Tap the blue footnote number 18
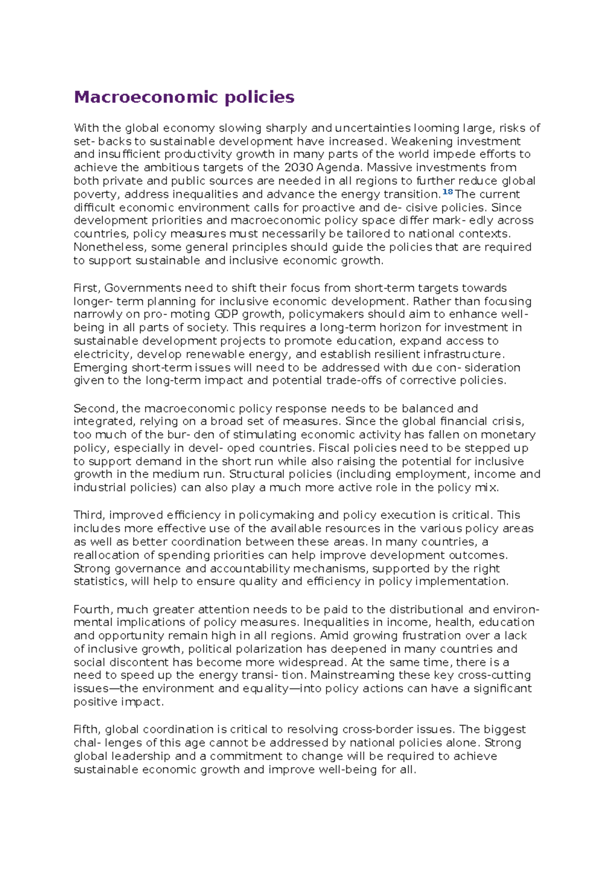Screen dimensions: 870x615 coord(447,192)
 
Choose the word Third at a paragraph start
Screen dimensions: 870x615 coord(89,515)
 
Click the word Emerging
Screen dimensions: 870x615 coord(100,367)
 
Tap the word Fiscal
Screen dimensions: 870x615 coord(334,448)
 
